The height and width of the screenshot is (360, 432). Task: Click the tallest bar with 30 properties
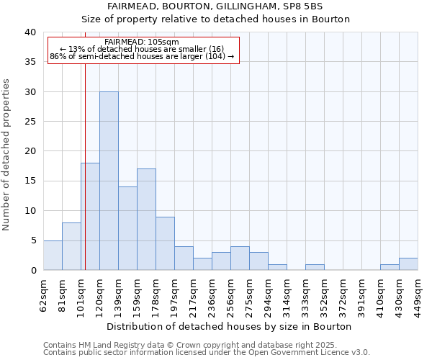(109, 181)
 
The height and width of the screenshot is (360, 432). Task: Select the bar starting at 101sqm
(90, 216)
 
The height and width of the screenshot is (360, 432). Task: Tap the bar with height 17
(146, 220)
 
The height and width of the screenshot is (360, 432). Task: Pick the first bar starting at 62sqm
(53, 255)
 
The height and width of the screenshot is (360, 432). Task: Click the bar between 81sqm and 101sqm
(71, 246)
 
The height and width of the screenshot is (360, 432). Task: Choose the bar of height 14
(127, 228)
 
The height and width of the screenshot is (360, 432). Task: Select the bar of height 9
(165, 243)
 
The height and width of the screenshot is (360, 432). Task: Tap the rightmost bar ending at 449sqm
(408, 264)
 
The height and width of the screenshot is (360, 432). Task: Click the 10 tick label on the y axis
(30, 211)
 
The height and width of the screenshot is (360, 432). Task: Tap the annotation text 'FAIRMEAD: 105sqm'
(141, 42)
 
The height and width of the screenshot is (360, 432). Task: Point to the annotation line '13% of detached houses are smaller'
(142, 49)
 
